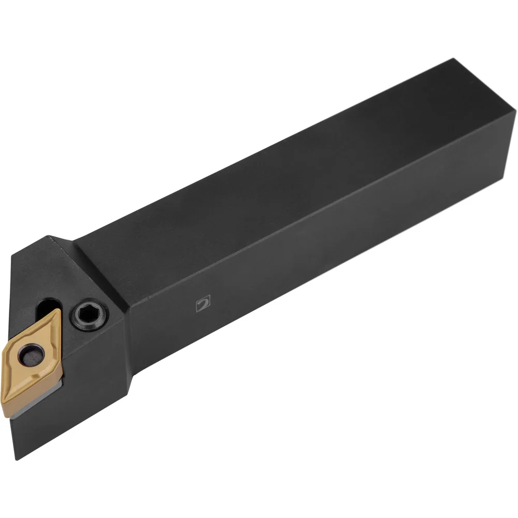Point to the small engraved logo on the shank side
coord(203,304)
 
